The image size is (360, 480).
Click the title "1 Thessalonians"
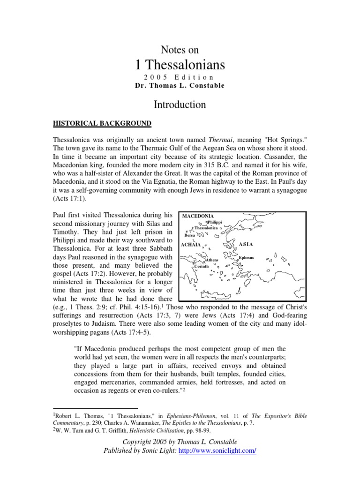coord(180,64)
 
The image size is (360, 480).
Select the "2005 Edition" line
coord(180,77)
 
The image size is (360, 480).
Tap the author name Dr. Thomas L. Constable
coord(180,85)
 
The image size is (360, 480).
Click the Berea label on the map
coord(189,235)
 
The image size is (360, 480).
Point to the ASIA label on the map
coord(246,244)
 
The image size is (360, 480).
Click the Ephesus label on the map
coord(247,258)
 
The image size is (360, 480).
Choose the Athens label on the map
coord(212,260)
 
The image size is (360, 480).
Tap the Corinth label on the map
coord(202,266)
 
